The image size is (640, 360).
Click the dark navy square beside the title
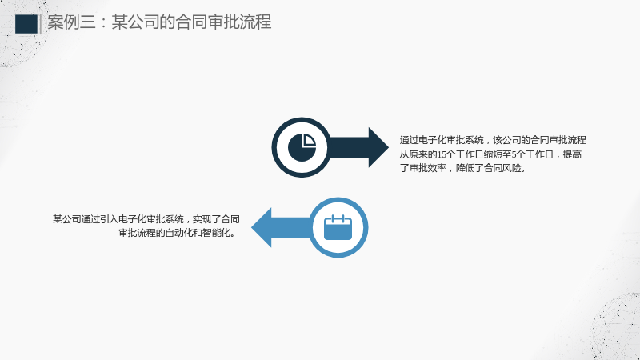[26, 24]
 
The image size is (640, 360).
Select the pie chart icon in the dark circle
[302, 147]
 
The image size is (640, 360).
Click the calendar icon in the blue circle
[338, 227]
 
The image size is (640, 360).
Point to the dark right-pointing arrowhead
[378, 147]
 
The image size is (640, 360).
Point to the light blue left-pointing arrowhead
[262, 227]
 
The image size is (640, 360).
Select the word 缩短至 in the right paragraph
[498, 154]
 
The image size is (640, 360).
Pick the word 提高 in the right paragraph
[572, 154]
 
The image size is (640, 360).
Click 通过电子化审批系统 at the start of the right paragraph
[442, 141]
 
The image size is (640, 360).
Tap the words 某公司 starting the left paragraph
[67, 219]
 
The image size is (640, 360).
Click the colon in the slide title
[103, 23]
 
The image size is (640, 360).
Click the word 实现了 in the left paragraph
[206, 219]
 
